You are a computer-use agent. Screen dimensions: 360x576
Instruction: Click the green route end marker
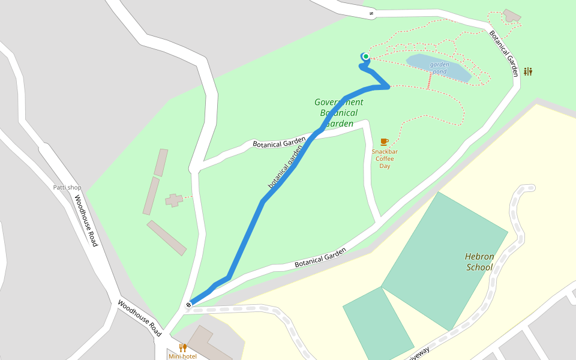click(365, 56)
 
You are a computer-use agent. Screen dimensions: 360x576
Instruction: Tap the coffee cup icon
click(384, 142)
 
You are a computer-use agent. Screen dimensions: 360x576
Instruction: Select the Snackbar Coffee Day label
click(385, 158)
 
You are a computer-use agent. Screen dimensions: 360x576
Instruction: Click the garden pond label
click(439, 68)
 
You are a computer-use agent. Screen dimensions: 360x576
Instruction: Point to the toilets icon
click(527, 71)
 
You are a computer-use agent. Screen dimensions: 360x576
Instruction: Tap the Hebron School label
click(479, 262)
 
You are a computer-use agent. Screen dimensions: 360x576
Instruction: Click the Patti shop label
click(67, 188)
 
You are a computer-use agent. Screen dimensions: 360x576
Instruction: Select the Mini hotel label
click(182, 356)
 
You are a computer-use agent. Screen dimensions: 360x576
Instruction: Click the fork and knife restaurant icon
click(182, 347)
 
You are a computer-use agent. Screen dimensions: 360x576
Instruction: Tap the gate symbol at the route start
click(188, 305)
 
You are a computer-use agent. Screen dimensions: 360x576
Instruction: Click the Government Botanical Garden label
click(339, 113)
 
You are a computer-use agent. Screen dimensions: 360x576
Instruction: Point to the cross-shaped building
click(174, 200)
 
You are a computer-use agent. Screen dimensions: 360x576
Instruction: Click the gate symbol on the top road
click(371, 13)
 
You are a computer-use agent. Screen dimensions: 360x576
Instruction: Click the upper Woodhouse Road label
click(85, 220)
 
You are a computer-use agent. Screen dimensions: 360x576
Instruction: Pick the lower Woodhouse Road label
click(139, 317)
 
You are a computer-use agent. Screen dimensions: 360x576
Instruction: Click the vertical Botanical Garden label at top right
click(503, 53)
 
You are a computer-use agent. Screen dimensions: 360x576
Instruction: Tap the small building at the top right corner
click(512, 16)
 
